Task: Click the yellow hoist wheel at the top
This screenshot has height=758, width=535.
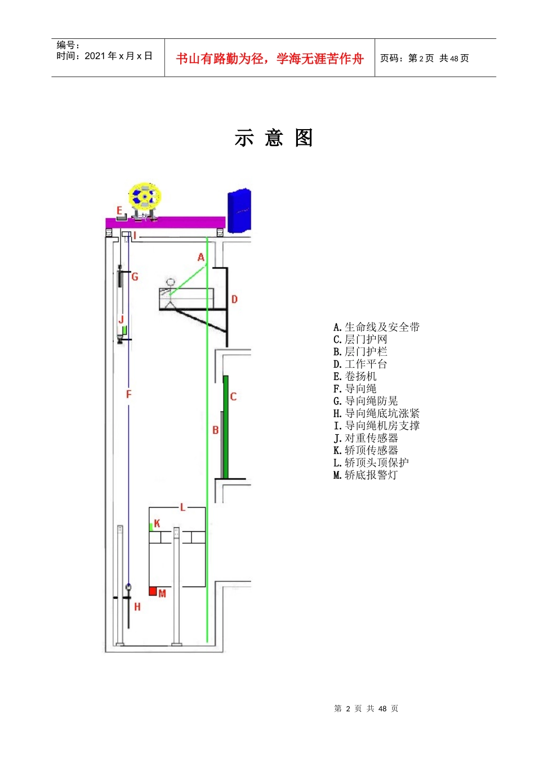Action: [x=145, y=197]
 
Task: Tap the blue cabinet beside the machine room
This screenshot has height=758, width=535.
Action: [x=239, y=210]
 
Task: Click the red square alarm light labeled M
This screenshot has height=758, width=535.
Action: [x=153, y=591]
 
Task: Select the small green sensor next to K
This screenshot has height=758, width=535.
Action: [x=151, y=527]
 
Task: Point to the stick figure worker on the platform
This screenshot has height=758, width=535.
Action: [x=170, y=292]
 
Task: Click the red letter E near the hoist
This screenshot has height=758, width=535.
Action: [x=119, y=211]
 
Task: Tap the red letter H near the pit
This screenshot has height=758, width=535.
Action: [x=137, y=607]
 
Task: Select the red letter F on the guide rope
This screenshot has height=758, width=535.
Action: [x=128, y=394]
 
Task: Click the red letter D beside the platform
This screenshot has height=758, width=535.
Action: [x=234, y=299]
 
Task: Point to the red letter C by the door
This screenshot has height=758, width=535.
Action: [x=233, y=396]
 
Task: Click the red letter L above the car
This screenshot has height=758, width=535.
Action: [x=182, y=508]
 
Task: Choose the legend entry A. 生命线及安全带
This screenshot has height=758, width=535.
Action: [x=376, y=327]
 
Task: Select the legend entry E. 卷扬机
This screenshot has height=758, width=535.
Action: [x=355, y=376]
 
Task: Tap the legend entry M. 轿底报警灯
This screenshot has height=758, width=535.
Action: [x=365, y=475]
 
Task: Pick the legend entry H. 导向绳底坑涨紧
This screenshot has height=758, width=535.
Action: [x=376, y=413]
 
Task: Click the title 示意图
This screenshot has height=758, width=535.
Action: [x=274, y=138]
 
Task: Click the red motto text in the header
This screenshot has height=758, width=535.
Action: [x=270, y=59]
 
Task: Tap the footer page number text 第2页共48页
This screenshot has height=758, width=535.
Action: [x=366, y=708]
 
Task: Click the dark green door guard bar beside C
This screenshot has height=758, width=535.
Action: [x=226, y=427]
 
